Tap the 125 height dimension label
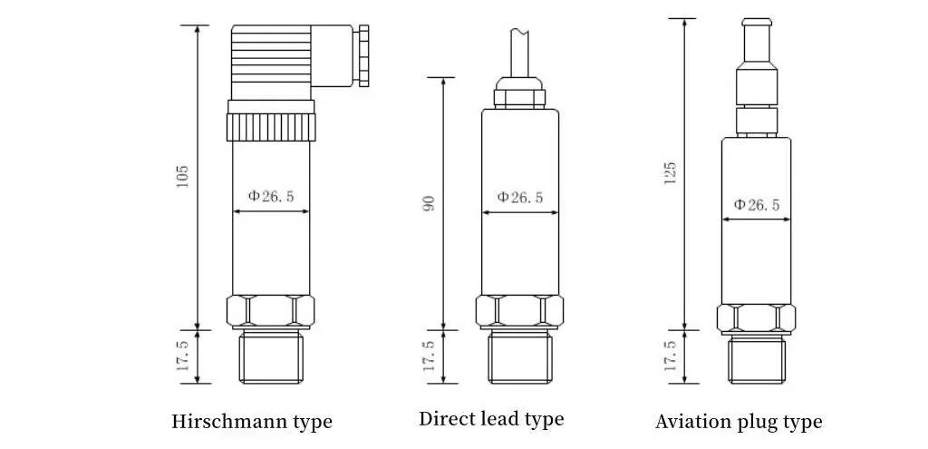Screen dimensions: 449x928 (x=670, y=172)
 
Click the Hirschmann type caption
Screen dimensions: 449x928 (x=252, y=422)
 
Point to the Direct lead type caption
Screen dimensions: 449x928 (x=491, y=419)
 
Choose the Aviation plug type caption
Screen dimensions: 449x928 (x=739, y=422)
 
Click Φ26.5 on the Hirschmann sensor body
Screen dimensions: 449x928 (x=271, y=196)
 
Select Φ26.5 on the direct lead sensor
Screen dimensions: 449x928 (x=520, y=198)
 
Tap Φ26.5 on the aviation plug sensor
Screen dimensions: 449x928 (x=757, y=205)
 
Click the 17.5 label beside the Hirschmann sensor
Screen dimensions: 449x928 (x=182, y=356)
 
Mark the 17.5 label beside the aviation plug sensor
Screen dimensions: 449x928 (x=670, y=356)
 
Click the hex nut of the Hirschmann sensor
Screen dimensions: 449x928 (x=270, y=312)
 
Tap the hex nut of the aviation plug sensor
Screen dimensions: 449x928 (x=757, y=318)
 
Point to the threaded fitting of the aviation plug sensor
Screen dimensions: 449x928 (x=757, y=359)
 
